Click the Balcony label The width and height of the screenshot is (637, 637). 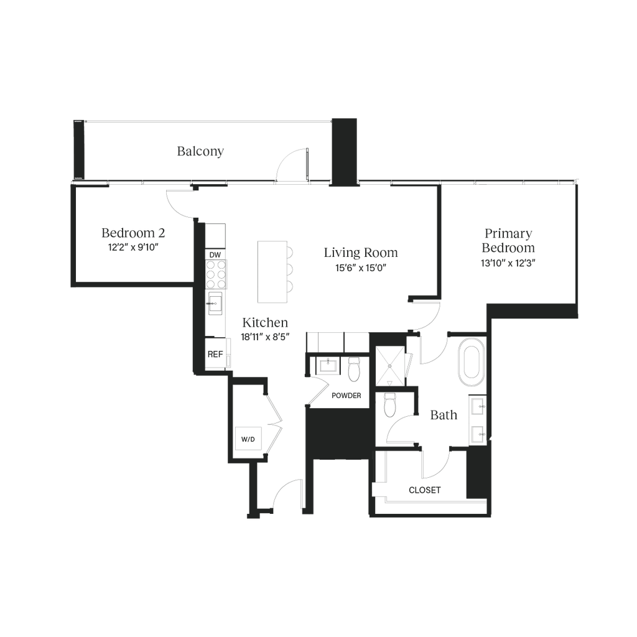coord(200,151)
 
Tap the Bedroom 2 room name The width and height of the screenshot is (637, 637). coord(133,233)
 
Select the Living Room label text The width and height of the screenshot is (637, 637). coord(360,253)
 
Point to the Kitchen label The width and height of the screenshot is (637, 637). coord(265,323)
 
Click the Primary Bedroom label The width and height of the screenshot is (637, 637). coord(508,240)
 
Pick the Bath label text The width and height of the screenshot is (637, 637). coord(444,416)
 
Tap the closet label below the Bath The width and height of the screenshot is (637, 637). coord(424,490)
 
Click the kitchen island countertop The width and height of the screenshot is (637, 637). coord(269,270)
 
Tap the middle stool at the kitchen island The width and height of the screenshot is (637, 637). coord(289,270)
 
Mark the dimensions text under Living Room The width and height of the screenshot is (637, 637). coord(361,269)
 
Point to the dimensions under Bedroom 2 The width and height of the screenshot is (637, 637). coord(133,247)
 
